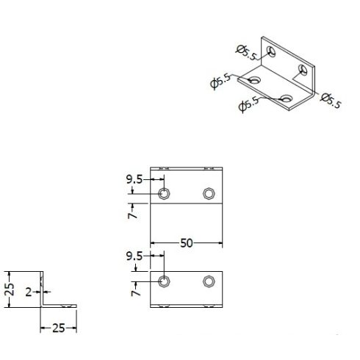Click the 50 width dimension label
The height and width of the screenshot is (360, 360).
point(187,243)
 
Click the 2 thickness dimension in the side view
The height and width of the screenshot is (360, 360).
point(29,292)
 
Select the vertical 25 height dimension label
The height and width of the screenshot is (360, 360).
point(10,289)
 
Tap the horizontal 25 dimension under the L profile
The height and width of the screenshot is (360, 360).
point(59,328)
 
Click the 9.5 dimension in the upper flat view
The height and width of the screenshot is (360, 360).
point(134,180)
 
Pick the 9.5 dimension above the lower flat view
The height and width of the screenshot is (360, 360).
point(134,256)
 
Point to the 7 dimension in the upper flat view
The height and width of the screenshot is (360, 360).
point(132,215)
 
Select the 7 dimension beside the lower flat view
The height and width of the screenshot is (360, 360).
point(135,292)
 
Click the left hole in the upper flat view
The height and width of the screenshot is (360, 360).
point(164,193)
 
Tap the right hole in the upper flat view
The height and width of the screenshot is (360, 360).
point(209,193)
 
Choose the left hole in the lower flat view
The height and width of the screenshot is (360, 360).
point(164,281)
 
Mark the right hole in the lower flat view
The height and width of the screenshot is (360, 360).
point(209,281)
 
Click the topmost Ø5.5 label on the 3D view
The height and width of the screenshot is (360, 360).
point(247,53)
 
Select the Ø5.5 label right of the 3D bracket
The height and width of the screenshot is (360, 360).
point(331,101)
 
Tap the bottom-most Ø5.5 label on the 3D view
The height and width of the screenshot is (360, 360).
point(248,104)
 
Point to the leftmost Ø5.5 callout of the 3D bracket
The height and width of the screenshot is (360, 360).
point(220,82)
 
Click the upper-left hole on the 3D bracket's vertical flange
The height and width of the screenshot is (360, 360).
point(271,51)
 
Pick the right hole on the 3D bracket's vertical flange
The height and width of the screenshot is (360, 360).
point(303,70)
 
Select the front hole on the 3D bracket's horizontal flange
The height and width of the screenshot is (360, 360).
point(287,98)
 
